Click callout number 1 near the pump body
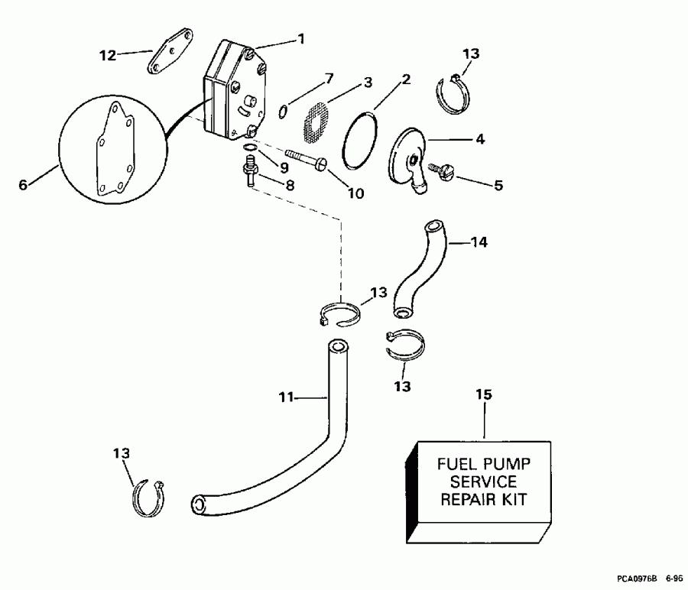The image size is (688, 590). (x=300, y=38)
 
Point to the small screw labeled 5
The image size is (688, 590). (x=443, y=172)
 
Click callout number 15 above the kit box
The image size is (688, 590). (x=485, y=394)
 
